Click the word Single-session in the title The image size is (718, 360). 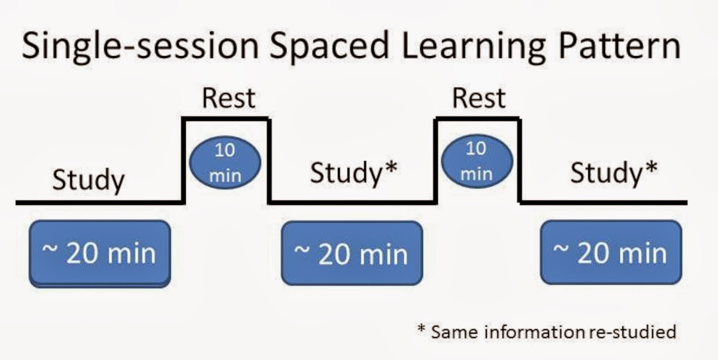(140, 47)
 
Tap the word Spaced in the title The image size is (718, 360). (329, 47)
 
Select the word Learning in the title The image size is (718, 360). (474, 47)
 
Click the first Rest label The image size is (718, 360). (229, 98)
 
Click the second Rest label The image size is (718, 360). (479, 98)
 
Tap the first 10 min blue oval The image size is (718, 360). (225, 162)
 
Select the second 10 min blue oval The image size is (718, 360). (477, 161)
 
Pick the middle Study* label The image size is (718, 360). (354, 173)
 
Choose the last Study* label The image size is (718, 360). (614, 173)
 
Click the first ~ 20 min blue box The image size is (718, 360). (100, 254)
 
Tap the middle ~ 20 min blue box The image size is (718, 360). (352, 253)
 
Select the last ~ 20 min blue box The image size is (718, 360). (611, 252)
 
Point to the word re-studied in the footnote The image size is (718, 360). (632, 332)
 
